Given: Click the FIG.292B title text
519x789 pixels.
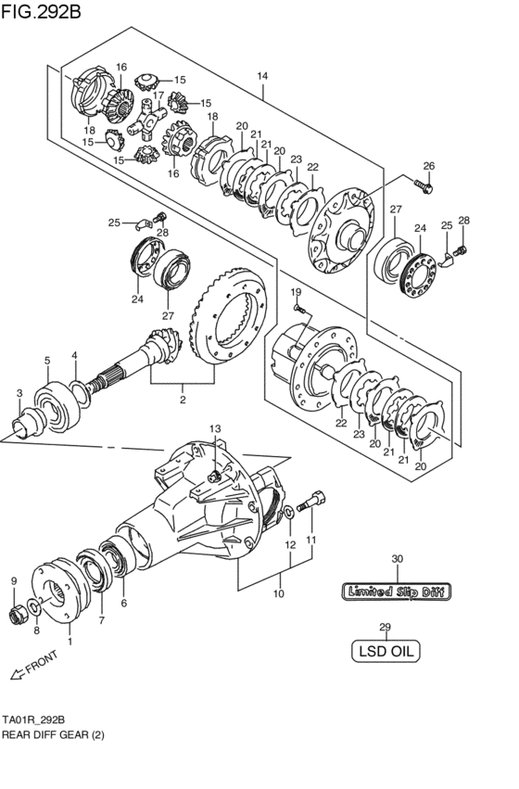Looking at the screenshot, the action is click(41, 10).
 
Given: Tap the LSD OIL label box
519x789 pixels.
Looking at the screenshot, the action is click(386, 651).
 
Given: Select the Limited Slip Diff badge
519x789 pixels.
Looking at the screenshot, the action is click(397, 592).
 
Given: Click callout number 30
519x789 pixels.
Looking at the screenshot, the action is click(398, 558).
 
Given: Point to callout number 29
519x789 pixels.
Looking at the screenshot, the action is click(385, 627).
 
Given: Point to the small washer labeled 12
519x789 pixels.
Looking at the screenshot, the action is click(289, 513).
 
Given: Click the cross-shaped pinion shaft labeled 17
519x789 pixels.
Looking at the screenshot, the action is click(146, 119).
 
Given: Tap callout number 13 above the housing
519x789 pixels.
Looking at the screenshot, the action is click(215, 428).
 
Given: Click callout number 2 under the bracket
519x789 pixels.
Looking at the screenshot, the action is click(183, 400).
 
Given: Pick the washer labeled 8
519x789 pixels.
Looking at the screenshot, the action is click(34, 607).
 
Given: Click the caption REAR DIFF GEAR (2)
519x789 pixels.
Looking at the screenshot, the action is click(54, 734).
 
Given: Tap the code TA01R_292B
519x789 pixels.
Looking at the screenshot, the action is click(33, 719).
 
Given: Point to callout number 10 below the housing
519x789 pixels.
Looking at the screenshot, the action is click(279, 593).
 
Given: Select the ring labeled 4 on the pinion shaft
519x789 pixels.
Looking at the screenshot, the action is click(80, 394).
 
